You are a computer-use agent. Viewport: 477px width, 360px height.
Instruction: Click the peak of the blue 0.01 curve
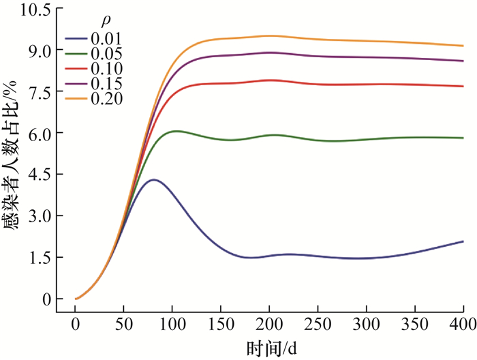coord(154,180)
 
